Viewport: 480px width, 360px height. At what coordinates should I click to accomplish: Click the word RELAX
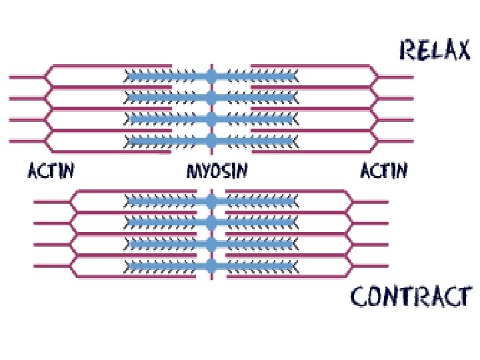[x=434, y=50]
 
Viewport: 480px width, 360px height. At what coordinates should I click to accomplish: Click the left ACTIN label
[x=51, y=171]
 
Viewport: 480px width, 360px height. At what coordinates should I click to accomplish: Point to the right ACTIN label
[x=384, y=171]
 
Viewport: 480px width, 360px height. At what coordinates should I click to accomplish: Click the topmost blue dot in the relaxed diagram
[x=211, y=77]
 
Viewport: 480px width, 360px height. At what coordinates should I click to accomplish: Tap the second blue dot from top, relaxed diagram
[x=211, y=98]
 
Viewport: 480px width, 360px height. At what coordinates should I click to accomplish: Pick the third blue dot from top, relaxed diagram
[x=211, y=119]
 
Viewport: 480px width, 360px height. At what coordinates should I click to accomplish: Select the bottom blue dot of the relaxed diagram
[x=211, y=140]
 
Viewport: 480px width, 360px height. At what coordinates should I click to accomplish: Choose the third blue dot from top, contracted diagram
[x=211, y=245]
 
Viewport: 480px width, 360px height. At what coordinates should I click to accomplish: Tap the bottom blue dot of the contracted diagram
[x=211, y=267]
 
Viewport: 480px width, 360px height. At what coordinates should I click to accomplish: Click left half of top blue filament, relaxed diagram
[x=167, y=77]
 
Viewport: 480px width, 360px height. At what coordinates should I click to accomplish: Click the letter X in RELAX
[x=461, y=50]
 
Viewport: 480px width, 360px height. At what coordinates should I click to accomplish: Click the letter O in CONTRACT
[x=377, y=296]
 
